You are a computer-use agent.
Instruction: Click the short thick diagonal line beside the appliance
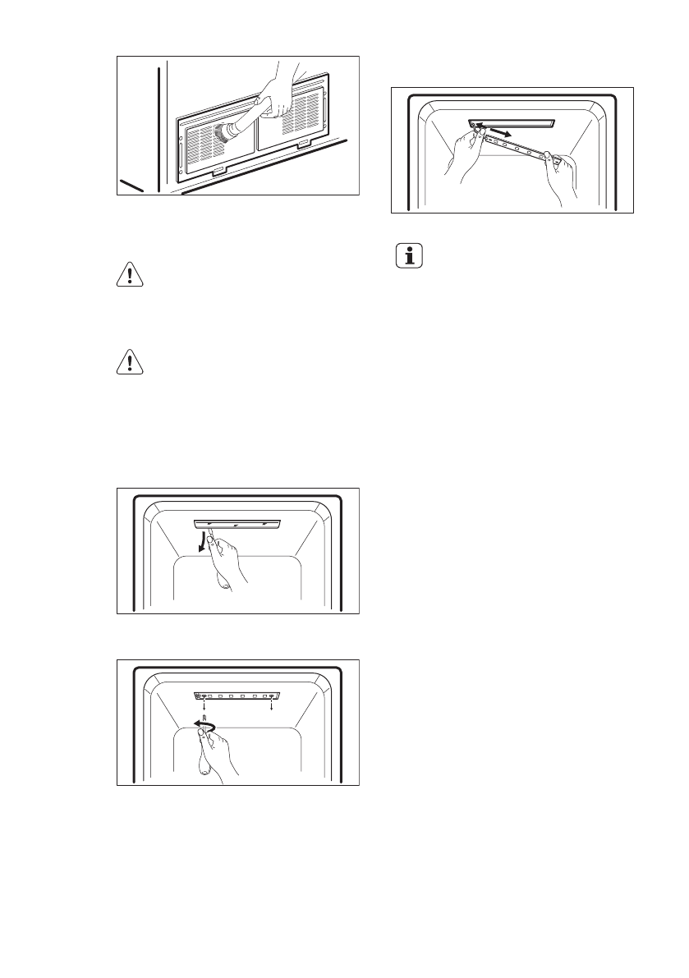click(x=131, y=184)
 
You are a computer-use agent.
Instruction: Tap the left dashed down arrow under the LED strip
click(x=203, y=707)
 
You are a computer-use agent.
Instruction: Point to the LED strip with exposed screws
click(x=237, y=696)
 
